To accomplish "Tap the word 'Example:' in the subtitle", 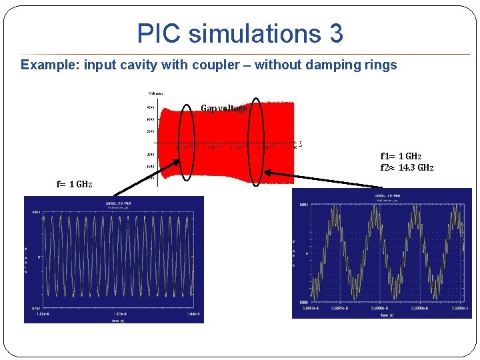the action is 49,65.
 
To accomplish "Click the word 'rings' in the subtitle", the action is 381,65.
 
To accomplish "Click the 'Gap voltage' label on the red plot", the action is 224,108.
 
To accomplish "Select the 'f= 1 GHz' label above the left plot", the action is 75,184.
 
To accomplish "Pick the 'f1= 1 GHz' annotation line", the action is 401,156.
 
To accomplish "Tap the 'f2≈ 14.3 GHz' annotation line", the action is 407,167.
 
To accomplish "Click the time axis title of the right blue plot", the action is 387,316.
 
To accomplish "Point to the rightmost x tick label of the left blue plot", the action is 194,313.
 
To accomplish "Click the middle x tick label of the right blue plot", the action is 387,309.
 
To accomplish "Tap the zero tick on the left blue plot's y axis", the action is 39,256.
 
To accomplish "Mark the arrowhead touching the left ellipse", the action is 179,161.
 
